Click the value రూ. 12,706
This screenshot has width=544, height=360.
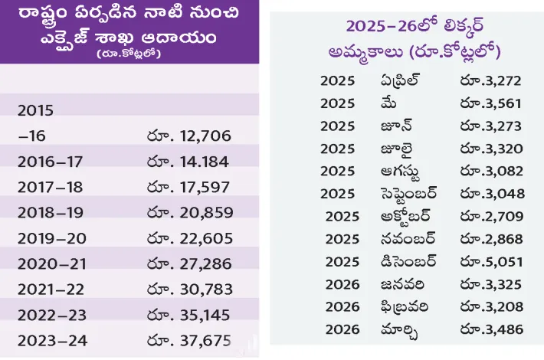click(x=188, y=136)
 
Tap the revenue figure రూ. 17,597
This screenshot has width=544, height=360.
click(x=188, y=187)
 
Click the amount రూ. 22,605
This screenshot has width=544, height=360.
click(x=188, y=237)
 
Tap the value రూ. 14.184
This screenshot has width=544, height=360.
click(x=188, y=162)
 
